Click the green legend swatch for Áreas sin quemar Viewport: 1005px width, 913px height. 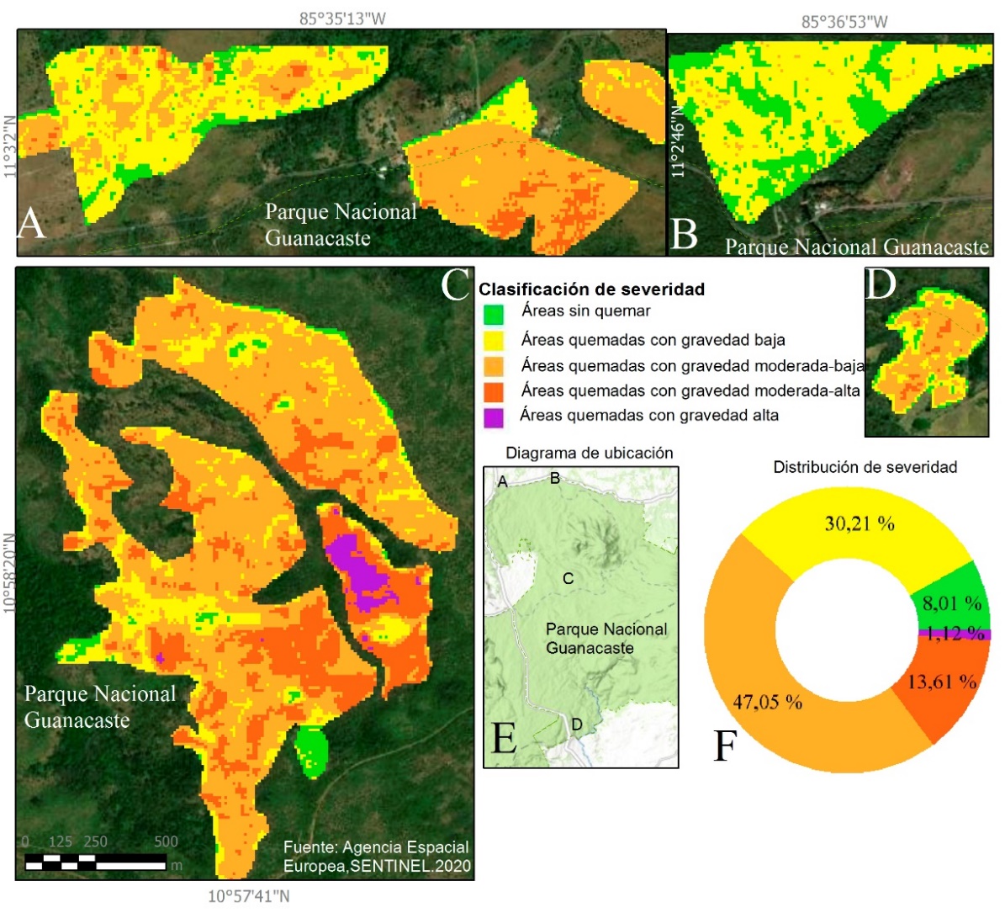494,314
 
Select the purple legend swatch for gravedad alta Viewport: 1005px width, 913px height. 494,417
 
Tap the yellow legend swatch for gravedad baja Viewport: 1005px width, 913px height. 494,341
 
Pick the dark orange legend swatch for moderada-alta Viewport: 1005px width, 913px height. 494,391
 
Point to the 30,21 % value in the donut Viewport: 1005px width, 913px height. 860,523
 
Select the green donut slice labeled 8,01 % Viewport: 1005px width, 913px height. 951,602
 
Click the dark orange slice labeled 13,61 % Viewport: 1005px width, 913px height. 942,682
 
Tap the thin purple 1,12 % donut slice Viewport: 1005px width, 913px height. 954,634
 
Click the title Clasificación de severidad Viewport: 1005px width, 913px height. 591,289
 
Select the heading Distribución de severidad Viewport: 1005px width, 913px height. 865,467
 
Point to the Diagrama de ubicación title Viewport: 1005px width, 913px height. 589,453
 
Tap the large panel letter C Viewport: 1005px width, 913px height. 455,284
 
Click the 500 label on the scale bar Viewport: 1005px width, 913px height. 166,841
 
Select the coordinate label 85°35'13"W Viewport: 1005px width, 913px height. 342,19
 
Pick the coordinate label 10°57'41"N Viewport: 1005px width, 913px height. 249,896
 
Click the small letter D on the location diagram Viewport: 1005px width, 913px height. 577,725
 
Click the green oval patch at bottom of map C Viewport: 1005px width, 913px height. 312,751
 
